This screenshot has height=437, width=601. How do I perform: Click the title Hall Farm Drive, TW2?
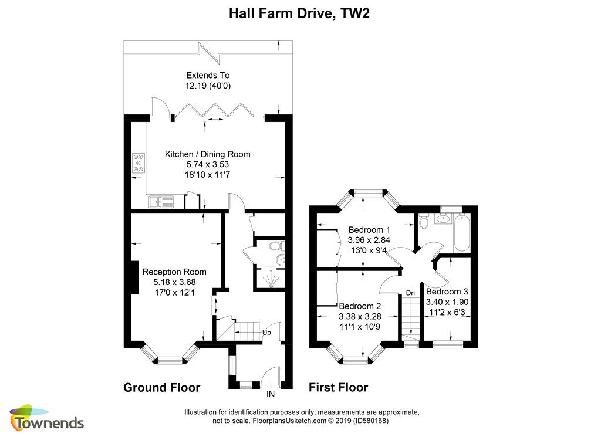[x=299, y=14]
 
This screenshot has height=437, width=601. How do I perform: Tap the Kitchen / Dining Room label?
[x=207, y=154]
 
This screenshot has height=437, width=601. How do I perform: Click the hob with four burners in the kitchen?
[x=139, y=163]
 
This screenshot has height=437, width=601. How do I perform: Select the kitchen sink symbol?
[x=161, y=201]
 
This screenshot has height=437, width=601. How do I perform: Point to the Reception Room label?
[x=174, y=272]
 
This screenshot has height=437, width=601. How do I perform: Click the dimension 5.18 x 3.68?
[x=174, y=282]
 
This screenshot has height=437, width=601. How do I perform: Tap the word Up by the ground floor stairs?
[x=266, y=333]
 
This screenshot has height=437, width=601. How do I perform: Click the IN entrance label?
[x=271, y=394]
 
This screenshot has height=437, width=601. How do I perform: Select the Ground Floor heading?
[x=162, y=388]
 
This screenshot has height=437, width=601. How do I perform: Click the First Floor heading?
[x=339, y=388]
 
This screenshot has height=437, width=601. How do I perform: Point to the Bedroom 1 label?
[x=369, y=230]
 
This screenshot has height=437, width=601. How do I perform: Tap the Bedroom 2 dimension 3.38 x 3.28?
[x=360, y=317]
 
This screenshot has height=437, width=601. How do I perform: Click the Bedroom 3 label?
[x=447, y=292]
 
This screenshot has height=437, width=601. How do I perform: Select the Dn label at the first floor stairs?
[x=410, y=293]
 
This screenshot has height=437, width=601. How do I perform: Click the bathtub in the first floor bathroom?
[x=461, y=232]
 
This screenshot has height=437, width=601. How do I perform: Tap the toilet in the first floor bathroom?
[x=423, y=222]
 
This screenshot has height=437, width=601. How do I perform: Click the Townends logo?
[x=47, y=418]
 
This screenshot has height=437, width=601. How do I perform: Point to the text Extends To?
[x=208, y=76]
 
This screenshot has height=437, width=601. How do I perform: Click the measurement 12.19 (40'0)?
[x=208, y=86]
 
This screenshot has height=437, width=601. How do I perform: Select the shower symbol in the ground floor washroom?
[x=271, y=279]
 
